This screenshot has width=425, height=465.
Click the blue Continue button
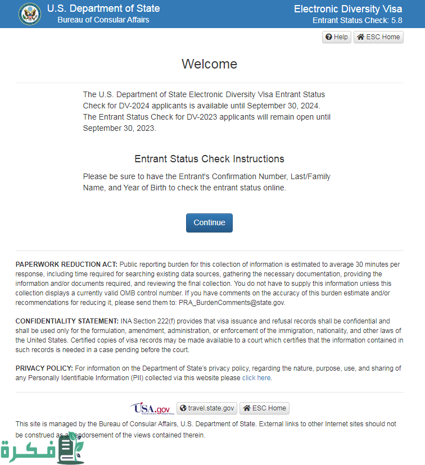[x=209, y=222]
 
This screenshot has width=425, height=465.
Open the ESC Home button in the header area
[x=378, y=37]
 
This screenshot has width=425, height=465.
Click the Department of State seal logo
[x=30, y=14]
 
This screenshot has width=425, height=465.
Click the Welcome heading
[x=209, y=64]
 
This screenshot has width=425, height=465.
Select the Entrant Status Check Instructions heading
[x=209, y=159]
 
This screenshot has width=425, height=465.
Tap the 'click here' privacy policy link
[x=256, y=378]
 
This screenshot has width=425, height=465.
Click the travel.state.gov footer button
[x=207, y=408]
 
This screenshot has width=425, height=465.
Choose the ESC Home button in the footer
[x=264, y=408]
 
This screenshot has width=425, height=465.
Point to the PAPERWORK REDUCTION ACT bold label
[x=66, y=264]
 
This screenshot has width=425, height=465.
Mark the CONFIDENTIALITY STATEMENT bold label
[x=67, y=321]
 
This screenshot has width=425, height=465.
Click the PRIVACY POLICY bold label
[x=44, y=368]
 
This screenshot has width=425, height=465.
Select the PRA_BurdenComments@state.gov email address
[x=232, y=302]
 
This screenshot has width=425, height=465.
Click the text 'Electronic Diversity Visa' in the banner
[x=348, y=9]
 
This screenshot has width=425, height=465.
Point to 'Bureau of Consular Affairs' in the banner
[x=103, y=20]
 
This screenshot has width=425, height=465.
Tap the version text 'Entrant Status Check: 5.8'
[x=357, y=21]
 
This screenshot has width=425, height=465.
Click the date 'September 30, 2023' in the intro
[x=118, y=128]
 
